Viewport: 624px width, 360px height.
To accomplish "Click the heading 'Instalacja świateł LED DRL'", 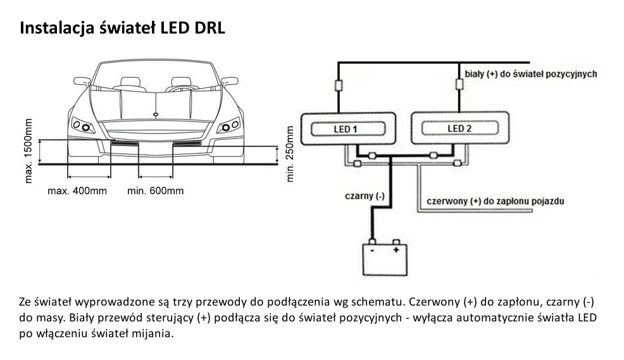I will (123, 28).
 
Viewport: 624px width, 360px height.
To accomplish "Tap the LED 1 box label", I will (346, 130).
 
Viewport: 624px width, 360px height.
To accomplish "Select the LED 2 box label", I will (459, 129).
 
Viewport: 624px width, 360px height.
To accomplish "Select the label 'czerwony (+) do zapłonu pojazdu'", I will (496, 202).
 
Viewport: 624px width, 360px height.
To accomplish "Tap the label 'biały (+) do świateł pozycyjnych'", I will (531, 74).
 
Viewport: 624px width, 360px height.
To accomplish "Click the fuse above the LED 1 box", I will (339, 87).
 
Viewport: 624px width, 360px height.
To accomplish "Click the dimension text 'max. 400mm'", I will (77, 190).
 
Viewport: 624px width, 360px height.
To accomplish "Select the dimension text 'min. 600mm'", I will (156, 190).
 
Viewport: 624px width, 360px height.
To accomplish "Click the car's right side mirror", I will (229, 82).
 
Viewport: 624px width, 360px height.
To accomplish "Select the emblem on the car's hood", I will (156, 114).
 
